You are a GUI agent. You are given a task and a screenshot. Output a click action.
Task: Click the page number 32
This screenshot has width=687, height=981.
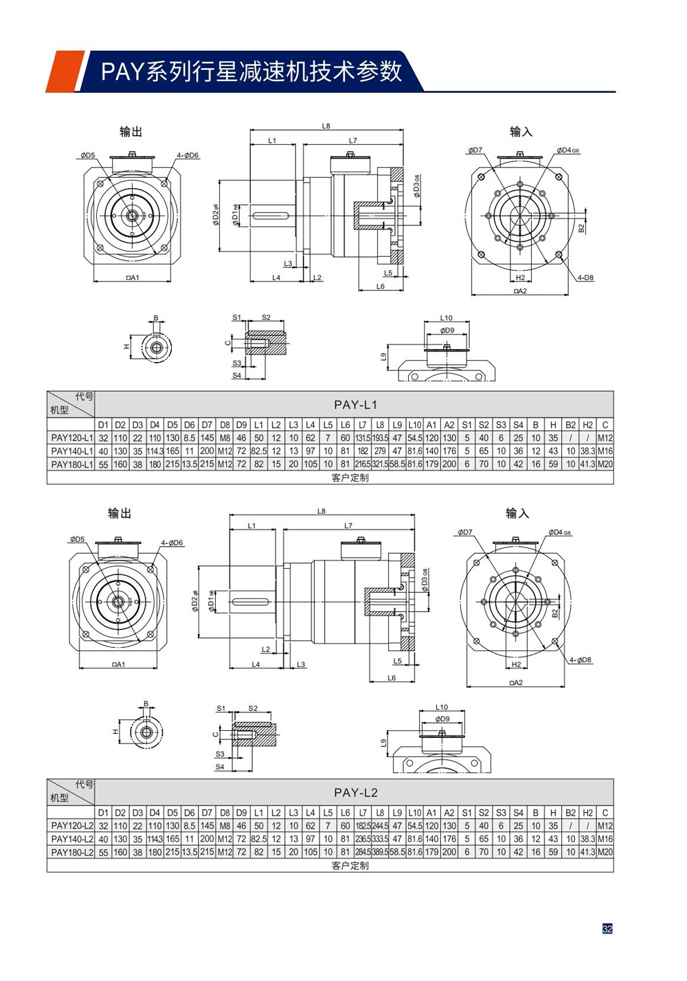[607, 928]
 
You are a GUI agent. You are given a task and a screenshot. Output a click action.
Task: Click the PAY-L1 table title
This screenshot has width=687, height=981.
[355, 405]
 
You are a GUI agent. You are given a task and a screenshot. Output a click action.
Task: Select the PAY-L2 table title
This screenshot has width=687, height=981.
[355, 792]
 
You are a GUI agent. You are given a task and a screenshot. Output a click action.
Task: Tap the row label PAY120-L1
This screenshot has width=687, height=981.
[71, 438]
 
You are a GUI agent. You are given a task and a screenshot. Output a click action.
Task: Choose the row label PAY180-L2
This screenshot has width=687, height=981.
[71, 852]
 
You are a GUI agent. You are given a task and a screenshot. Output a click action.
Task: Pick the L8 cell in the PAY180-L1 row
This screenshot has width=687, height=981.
[380, 464]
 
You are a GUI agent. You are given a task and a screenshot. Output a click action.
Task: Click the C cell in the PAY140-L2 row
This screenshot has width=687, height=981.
[605, 839]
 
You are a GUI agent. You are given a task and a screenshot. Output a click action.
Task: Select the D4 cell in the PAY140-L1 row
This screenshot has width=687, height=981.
[155, 451]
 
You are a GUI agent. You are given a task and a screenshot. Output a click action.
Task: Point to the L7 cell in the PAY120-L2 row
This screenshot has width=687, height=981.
[363, 826]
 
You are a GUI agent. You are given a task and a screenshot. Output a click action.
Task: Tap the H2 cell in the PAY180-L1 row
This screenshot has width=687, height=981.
[587, 464]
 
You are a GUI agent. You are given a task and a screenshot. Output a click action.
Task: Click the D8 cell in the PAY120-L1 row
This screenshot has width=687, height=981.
[225, 438]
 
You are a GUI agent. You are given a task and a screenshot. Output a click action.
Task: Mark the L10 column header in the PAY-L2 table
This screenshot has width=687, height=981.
[414, 813]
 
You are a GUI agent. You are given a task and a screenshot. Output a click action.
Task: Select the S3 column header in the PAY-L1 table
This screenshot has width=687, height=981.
[501, 425]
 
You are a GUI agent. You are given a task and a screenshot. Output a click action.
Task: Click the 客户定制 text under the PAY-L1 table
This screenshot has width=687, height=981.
[350, 477]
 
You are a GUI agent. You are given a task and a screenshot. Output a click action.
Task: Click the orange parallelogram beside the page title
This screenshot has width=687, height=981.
[65, 71]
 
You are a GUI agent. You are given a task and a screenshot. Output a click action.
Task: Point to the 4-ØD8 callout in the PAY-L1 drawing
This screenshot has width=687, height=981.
[585, 278]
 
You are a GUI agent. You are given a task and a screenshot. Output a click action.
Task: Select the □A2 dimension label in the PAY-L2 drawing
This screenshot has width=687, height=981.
[515, 683]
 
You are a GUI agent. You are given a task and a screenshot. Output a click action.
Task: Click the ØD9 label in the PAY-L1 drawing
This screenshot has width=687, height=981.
[447, 330]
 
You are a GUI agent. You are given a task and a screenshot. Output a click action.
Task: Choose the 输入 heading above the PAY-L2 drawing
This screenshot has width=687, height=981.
[517, 513]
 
